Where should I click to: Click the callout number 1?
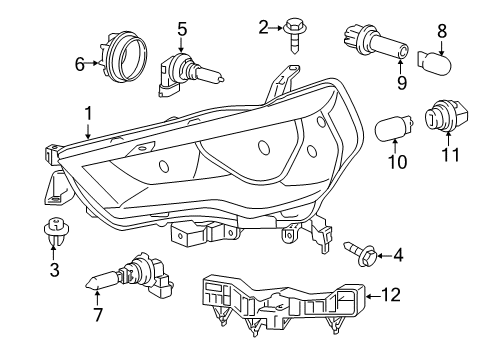[x=88, y=114]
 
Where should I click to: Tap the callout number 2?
[x=262, y=27]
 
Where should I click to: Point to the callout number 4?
[x=398, y=256]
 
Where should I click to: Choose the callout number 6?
[x=80, y=63]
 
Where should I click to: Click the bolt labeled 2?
[x=295, y=30]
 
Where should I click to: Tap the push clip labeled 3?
[x=53, y=231]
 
